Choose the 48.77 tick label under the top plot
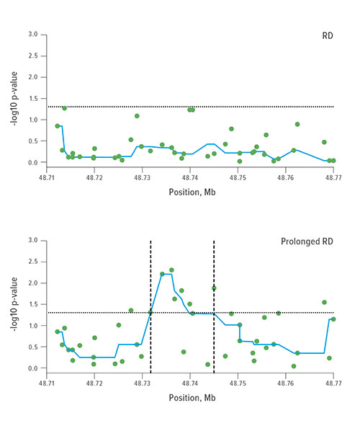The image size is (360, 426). coord(333,177)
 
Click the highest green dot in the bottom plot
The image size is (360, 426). coord(171,270)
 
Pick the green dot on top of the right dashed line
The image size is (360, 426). coord(214,288)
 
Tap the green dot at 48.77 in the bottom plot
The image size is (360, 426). coord(333,319)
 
